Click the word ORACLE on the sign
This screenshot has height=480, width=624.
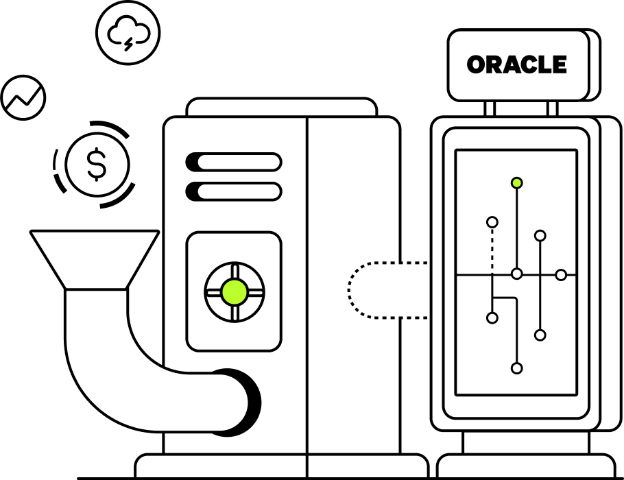pyautogui.click(x=517, y=65)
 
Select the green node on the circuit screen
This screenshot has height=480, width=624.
pyautogui.click(x=517, y=183)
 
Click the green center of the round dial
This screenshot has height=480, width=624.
pyautogui.click(x=235, y=292)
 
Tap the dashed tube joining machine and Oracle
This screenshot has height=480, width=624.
pyautogui.click(x=387, y=290)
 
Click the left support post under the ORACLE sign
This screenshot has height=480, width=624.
pyautogui.click(x=490, y=108)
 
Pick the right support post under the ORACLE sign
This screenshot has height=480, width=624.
pyautogui.click(x=552, y=108)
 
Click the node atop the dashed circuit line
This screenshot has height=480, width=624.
pyautogui.click(x=492, y=222)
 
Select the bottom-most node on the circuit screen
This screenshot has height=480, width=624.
pyautogui.click(x=517, y=368)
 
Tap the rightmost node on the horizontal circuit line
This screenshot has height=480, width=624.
pyautogui.click(x=561, y=275)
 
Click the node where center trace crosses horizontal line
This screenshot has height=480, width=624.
pyautogui.click(x=517, y=274)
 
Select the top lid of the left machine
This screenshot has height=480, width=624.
pyautogui.click(x=281, y=108)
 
